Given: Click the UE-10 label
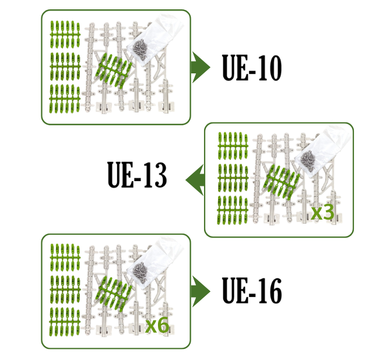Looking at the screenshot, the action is (252, 68).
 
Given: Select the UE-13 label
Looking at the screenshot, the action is (137, 175).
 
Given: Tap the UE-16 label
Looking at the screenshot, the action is (252, 290).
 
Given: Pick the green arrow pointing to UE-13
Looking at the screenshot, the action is (195, 180).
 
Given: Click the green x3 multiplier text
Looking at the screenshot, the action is (322, 213).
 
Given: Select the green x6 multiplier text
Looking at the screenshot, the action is (157, 326).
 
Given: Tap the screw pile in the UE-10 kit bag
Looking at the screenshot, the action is (140, 49).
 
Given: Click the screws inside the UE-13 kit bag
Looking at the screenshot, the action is (308, 161).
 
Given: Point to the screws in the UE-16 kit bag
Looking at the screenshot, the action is (140, 273).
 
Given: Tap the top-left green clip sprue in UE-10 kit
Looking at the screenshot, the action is (65, 34).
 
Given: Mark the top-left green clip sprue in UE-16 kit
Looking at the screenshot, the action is (65, 258).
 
